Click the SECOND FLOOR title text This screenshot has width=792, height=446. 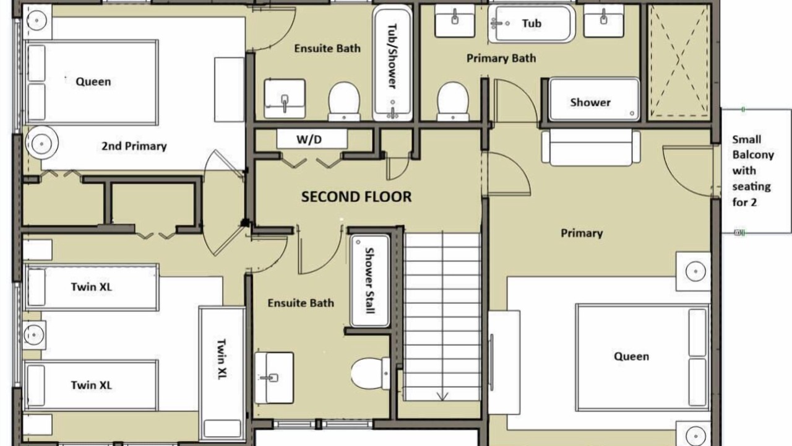pyautogui.click(x=356, y=197)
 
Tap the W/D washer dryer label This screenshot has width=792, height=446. pyautogui.click(x=309, y=139)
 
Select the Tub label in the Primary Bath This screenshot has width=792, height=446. pyautogui.click(x=532, y=24)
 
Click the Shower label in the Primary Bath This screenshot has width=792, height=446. pyautogui.click(x=590, y=102)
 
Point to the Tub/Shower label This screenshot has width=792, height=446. pyautogui.click(x=392, y=56)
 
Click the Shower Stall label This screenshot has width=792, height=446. pyautogui.click(x=369, y=281)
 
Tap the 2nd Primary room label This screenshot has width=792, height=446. pyautogui.click(x=134, y=146)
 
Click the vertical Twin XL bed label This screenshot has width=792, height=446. pyautogui.click(x=222, y=359)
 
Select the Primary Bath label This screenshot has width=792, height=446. pyautogui.click(x=501, y=58)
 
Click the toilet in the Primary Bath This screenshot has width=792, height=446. pyautogui.click(x=453, y=102)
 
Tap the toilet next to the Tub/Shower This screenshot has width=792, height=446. pyautogui.click(x=344, y=102)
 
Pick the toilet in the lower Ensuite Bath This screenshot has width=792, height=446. pyautogui.click(x=370, y=374)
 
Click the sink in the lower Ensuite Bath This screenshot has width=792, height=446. pyautogui.click(x=274, y=378)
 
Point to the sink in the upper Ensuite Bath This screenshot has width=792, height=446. pyautogui.click(x=285, y=98)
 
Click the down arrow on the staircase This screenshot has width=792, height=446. pyautogui.click(x=442, y=396)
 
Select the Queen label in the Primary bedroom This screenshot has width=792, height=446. pyautogui.click(x=631, y=356)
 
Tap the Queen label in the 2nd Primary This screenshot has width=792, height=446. pyautogui.click(x=93, y=81)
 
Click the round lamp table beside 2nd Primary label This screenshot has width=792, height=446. pyautogui.click(x=41, y=144)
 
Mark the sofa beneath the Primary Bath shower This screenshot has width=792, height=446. pyautogui.click(x=591, y=147)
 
